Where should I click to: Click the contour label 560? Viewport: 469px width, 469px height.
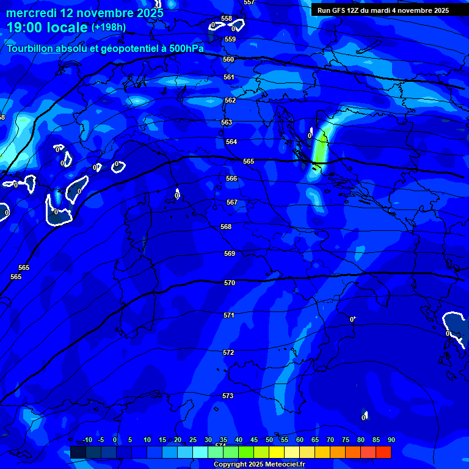point(228,60)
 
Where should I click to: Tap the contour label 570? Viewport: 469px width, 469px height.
point(230,283)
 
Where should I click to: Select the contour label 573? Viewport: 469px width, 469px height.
point(228,396)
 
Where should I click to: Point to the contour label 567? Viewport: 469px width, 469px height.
point(232,202)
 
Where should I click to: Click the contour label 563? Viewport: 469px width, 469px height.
point(227,123)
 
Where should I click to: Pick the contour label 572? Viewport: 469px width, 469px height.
point(228,353)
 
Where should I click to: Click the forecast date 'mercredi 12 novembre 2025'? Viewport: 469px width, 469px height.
point(85,13)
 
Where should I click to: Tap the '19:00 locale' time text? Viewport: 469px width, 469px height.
point(47,27)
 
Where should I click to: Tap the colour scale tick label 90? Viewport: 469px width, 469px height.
point(391,440)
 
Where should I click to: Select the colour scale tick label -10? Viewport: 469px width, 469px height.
point(87,440)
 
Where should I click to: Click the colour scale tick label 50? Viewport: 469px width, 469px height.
point(269,440)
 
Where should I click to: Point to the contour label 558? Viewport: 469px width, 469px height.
point(227,19)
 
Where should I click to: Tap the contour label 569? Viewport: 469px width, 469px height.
point(230,253)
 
